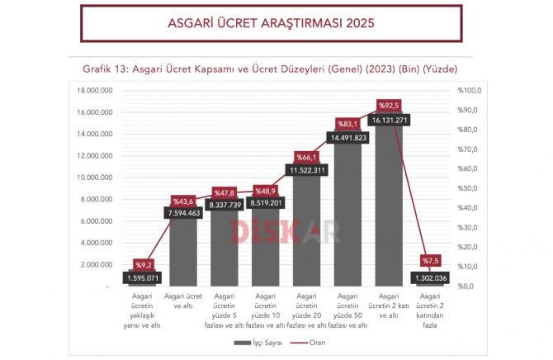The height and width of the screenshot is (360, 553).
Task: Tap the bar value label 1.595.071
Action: coord(144,278)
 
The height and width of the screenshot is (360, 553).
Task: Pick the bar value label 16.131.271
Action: coord(388,120)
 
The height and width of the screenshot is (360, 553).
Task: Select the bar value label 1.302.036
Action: coord(428,278)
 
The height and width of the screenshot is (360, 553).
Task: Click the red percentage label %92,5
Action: coord(389,105)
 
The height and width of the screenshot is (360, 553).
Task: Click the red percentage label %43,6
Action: coord(183,201)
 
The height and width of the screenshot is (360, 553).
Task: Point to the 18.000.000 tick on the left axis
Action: coord(94,90)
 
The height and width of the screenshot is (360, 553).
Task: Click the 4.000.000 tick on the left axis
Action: coord(96,243)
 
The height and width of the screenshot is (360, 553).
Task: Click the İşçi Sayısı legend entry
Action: coord(260,341)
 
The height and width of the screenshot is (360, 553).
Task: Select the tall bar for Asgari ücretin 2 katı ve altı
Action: coord(388,206)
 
